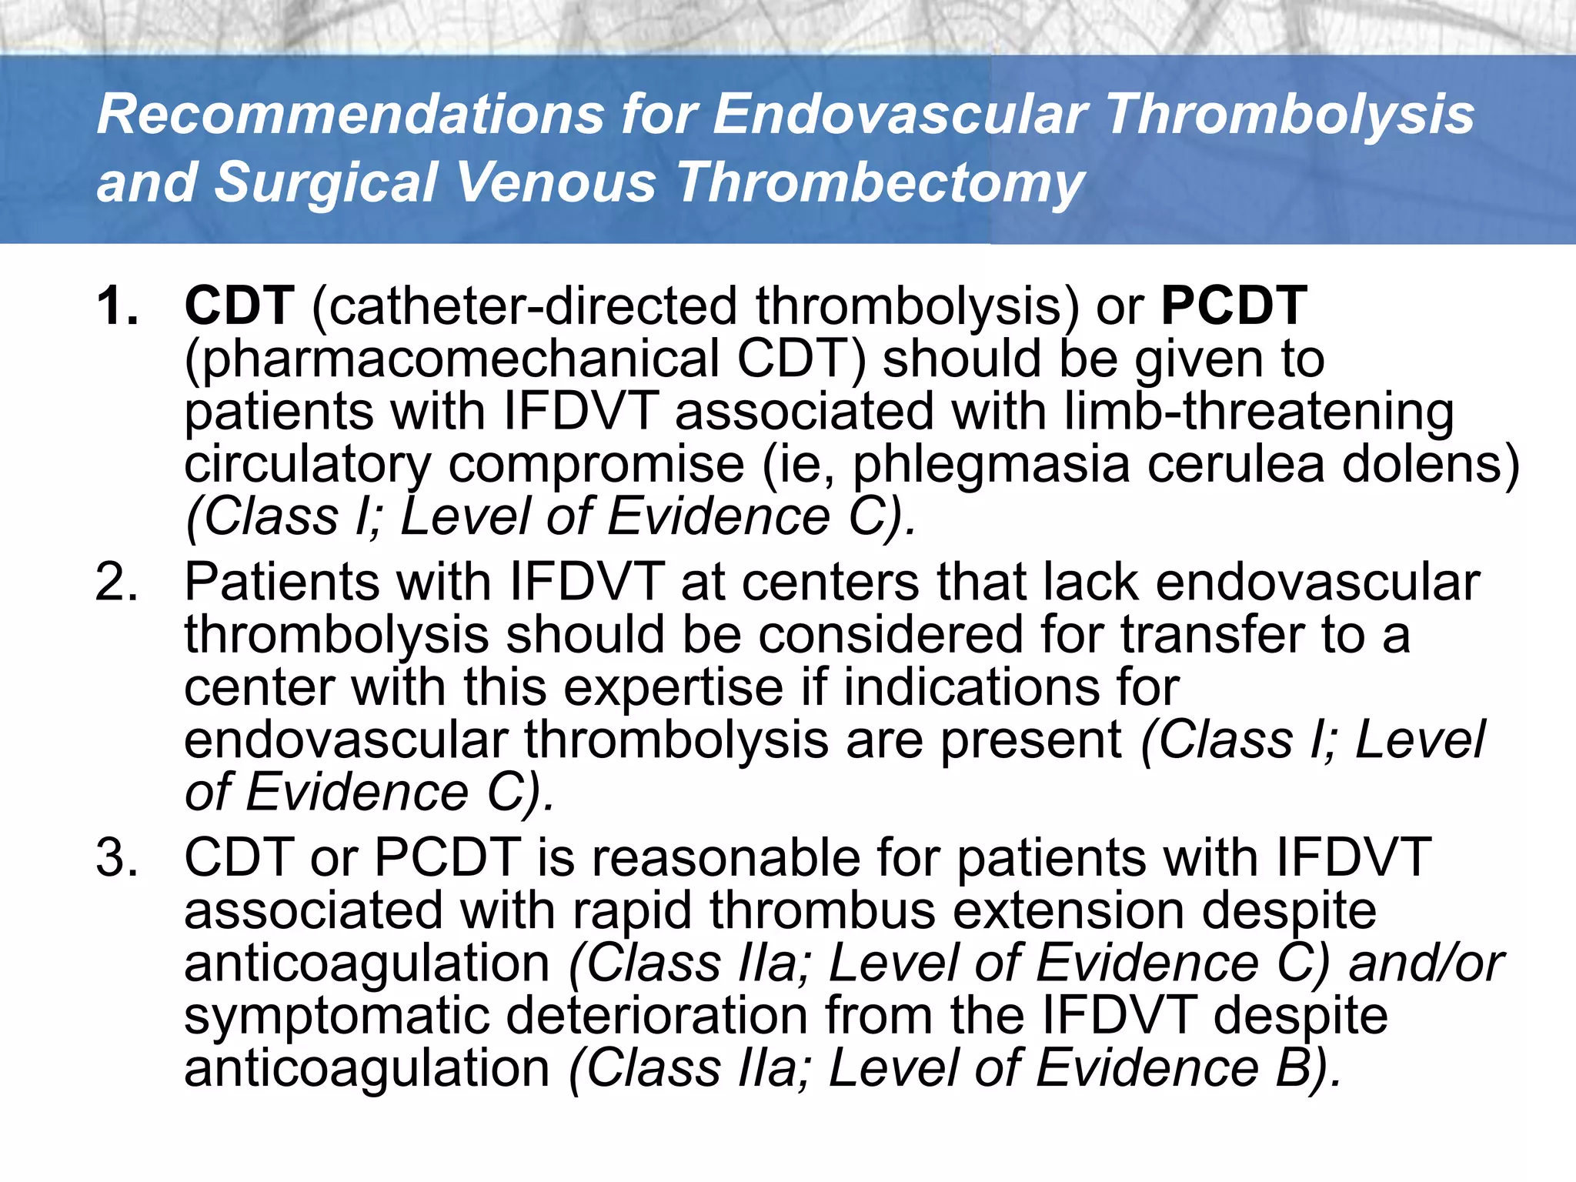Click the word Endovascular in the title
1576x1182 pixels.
point(900,115)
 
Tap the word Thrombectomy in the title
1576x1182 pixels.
point(880,183)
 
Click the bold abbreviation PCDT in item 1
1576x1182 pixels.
point(1234,306)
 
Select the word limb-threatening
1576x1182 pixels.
point(1259,412)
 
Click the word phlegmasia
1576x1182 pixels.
point(991,464)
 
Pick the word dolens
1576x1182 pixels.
point(1431,464)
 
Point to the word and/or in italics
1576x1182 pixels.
point(1426,963)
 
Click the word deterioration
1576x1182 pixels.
point(657,1016)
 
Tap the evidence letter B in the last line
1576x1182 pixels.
point(1291,1068)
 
